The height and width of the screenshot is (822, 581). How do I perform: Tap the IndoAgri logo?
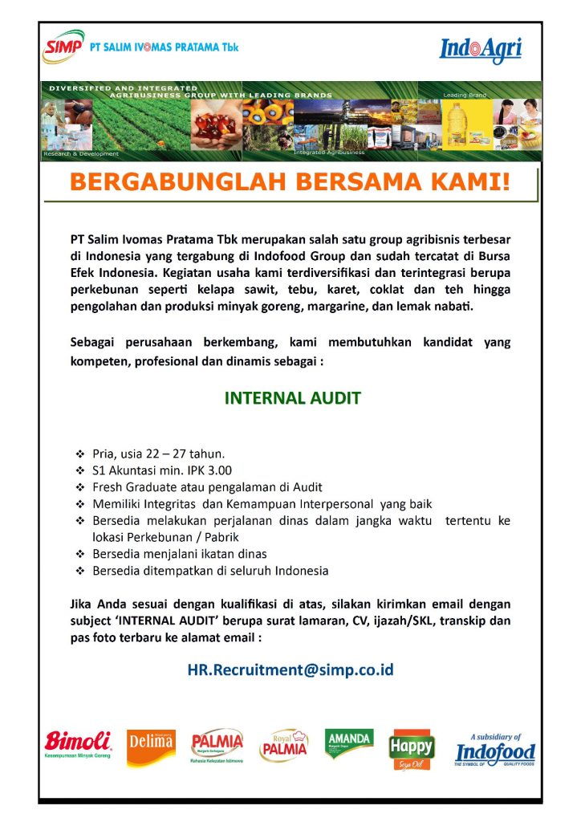click(x=481, y=51)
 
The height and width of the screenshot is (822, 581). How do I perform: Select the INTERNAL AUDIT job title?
click(x=292, y=398)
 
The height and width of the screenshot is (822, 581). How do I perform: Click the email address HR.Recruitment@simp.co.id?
click(x=290, y=669)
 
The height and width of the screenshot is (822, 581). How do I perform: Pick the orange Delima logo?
click(x=151, y=747)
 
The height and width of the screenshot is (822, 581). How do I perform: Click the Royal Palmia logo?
click(x=283, y=747)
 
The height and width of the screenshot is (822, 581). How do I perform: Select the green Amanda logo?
click(x=349, y=743)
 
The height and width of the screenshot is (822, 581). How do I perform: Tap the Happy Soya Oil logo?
click(x=412, y=749)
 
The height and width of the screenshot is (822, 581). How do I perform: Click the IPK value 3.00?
click(x=217, y=470)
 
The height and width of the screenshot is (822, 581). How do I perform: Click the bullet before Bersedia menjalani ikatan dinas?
click(x=79, y=554)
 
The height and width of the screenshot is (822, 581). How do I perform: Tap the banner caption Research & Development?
click(x=82, y=153)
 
